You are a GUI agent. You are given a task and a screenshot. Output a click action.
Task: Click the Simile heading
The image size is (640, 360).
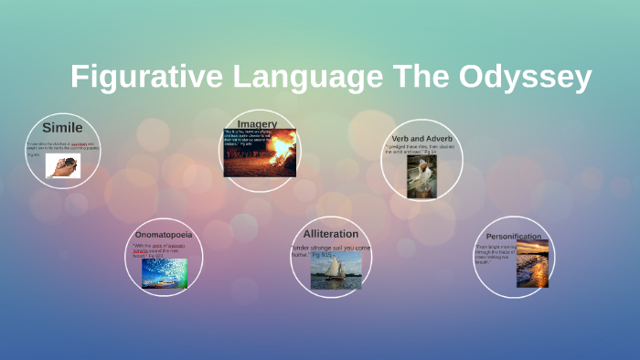click(62, 128)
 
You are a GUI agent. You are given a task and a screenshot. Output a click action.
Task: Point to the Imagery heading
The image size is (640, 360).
click(257, 123)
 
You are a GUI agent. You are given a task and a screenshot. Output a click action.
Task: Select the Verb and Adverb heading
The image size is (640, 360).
click(421, 139)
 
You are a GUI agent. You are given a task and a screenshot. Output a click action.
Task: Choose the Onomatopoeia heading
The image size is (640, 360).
click(164, 235)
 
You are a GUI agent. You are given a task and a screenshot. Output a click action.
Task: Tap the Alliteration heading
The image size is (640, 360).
click(331, 234)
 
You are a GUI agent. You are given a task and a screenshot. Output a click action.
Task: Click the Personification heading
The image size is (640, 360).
click(514, 236)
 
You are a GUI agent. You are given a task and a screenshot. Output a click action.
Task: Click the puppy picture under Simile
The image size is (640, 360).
click(63, 165)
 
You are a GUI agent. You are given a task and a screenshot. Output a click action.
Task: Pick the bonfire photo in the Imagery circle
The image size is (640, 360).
click(280, 147)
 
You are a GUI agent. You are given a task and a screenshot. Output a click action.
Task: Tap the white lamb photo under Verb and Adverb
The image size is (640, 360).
click(421, 175)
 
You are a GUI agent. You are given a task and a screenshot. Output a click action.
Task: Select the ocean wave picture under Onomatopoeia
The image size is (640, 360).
click(165, 273)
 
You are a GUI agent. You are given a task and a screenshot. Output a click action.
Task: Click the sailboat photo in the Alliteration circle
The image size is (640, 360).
click(336, 271)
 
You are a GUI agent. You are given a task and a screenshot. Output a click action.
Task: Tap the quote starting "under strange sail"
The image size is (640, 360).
click(330, 251)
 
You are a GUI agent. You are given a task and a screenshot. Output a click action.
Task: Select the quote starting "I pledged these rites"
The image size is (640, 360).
click(421, 149)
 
